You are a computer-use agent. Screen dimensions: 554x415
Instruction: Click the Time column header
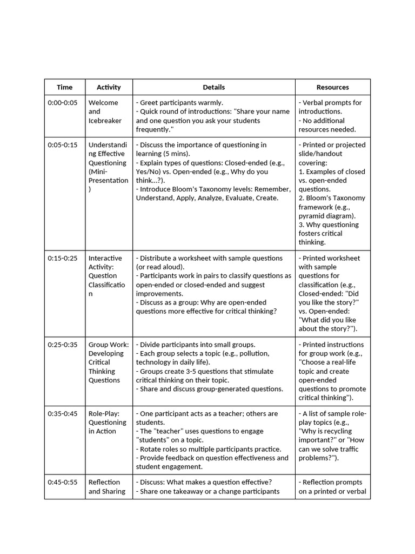(64, 87)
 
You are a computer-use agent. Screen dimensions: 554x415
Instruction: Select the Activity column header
(109, 87)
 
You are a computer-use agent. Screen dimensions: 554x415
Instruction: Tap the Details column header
(213, 87)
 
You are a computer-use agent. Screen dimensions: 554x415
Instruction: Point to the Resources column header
(332, 87)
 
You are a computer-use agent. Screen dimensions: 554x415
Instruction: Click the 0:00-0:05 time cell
(63, 103)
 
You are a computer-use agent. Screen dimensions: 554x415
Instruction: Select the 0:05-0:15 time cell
(63, 145)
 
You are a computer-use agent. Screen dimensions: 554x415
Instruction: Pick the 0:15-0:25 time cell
(63, 259)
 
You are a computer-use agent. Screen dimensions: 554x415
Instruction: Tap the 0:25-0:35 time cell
(63, 345)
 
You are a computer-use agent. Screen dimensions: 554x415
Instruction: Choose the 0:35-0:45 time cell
(63, 414)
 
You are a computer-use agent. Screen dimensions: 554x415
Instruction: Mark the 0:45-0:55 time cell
(63, 483)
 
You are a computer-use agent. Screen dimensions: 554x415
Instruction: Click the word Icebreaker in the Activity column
(105, 121)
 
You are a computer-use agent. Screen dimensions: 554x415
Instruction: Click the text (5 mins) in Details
(174, 154)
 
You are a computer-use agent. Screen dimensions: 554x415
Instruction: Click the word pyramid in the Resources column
(312, 216)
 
